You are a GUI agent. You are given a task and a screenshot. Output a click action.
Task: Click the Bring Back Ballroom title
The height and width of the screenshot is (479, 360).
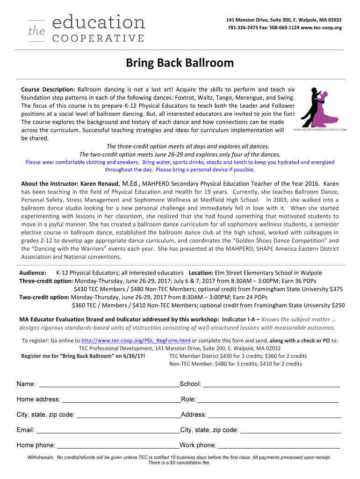pyautogui.click(x=180, y=63)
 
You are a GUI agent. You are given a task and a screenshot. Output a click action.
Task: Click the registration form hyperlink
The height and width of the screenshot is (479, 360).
pyautogui.click(x=136, y=341)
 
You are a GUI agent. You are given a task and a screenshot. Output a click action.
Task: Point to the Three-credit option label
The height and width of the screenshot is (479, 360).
pyautogui.click(x=46, y=281)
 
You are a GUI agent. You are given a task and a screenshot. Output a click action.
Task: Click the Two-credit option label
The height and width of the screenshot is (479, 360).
pyautogui.click(x=44, y=297)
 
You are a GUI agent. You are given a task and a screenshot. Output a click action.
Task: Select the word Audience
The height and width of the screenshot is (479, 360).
pyautogui.click(x=32, y=273)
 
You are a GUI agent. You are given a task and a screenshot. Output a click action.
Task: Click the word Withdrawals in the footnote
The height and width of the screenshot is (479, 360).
pyautogui.click(x=41, y=457)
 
